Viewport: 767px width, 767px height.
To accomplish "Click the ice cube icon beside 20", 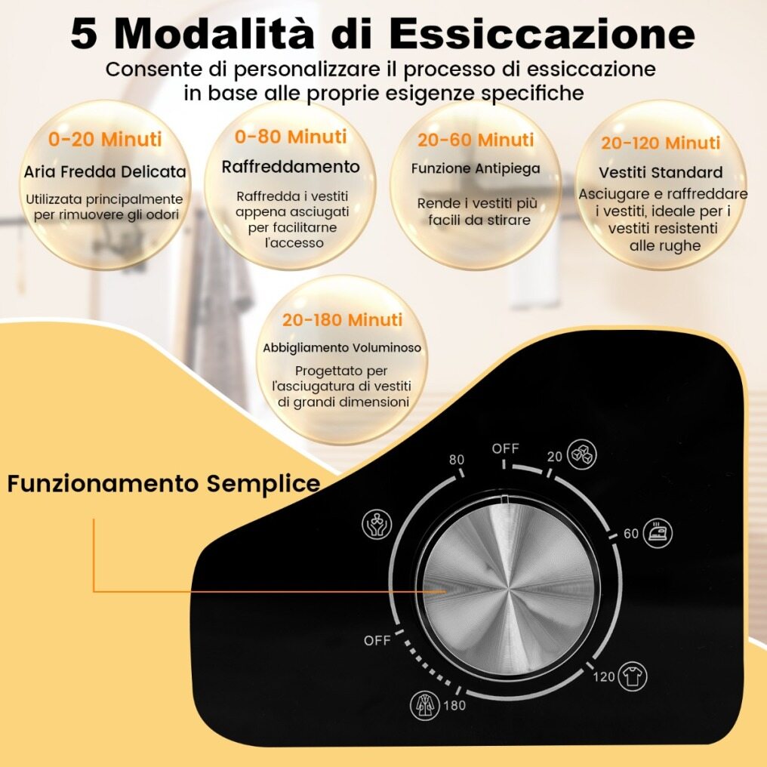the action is pos(581,454).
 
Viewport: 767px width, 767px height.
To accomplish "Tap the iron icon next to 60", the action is pos(658,533).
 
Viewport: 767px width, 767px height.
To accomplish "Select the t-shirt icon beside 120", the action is pos(633,676).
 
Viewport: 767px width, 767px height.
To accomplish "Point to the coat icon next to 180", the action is pos(424,705).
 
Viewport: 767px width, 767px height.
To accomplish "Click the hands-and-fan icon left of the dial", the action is pos(376,524).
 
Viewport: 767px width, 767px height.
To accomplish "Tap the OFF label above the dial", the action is pos(505,448).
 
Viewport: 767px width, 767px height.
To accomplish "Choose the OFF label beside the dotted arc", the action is pos(377,640).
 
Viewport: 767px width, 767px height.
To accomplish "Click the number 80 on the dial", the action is pos(457,460).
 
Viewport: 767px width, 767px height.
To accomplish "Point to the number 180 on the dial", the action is pos(454,705).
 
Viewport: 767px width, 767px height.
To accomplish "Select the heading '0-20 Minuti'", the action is pos(105,140).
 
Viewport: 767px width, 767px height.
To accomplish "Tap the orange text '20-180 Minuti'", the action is pos(342,320).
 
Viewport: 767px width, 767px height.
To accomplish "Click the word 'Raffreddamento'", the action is pos(291,167).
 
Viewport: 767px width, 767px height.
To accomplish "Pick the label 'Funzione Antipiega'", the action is pos(476,169).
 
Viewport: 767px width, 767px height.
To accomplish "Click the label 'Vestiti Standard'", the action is pos(661,172).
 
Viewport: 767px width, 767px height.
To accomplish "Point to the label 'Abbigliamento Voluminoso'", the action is pos(342,348).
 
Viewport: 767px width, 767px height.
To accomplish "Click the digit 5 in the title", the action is pos(83,34).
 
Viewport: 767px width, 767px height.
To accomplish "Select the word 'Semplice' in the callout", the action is pos(263,484).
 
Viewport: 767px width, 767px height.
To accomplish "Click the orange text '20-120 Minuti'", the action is pos(661,143).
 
